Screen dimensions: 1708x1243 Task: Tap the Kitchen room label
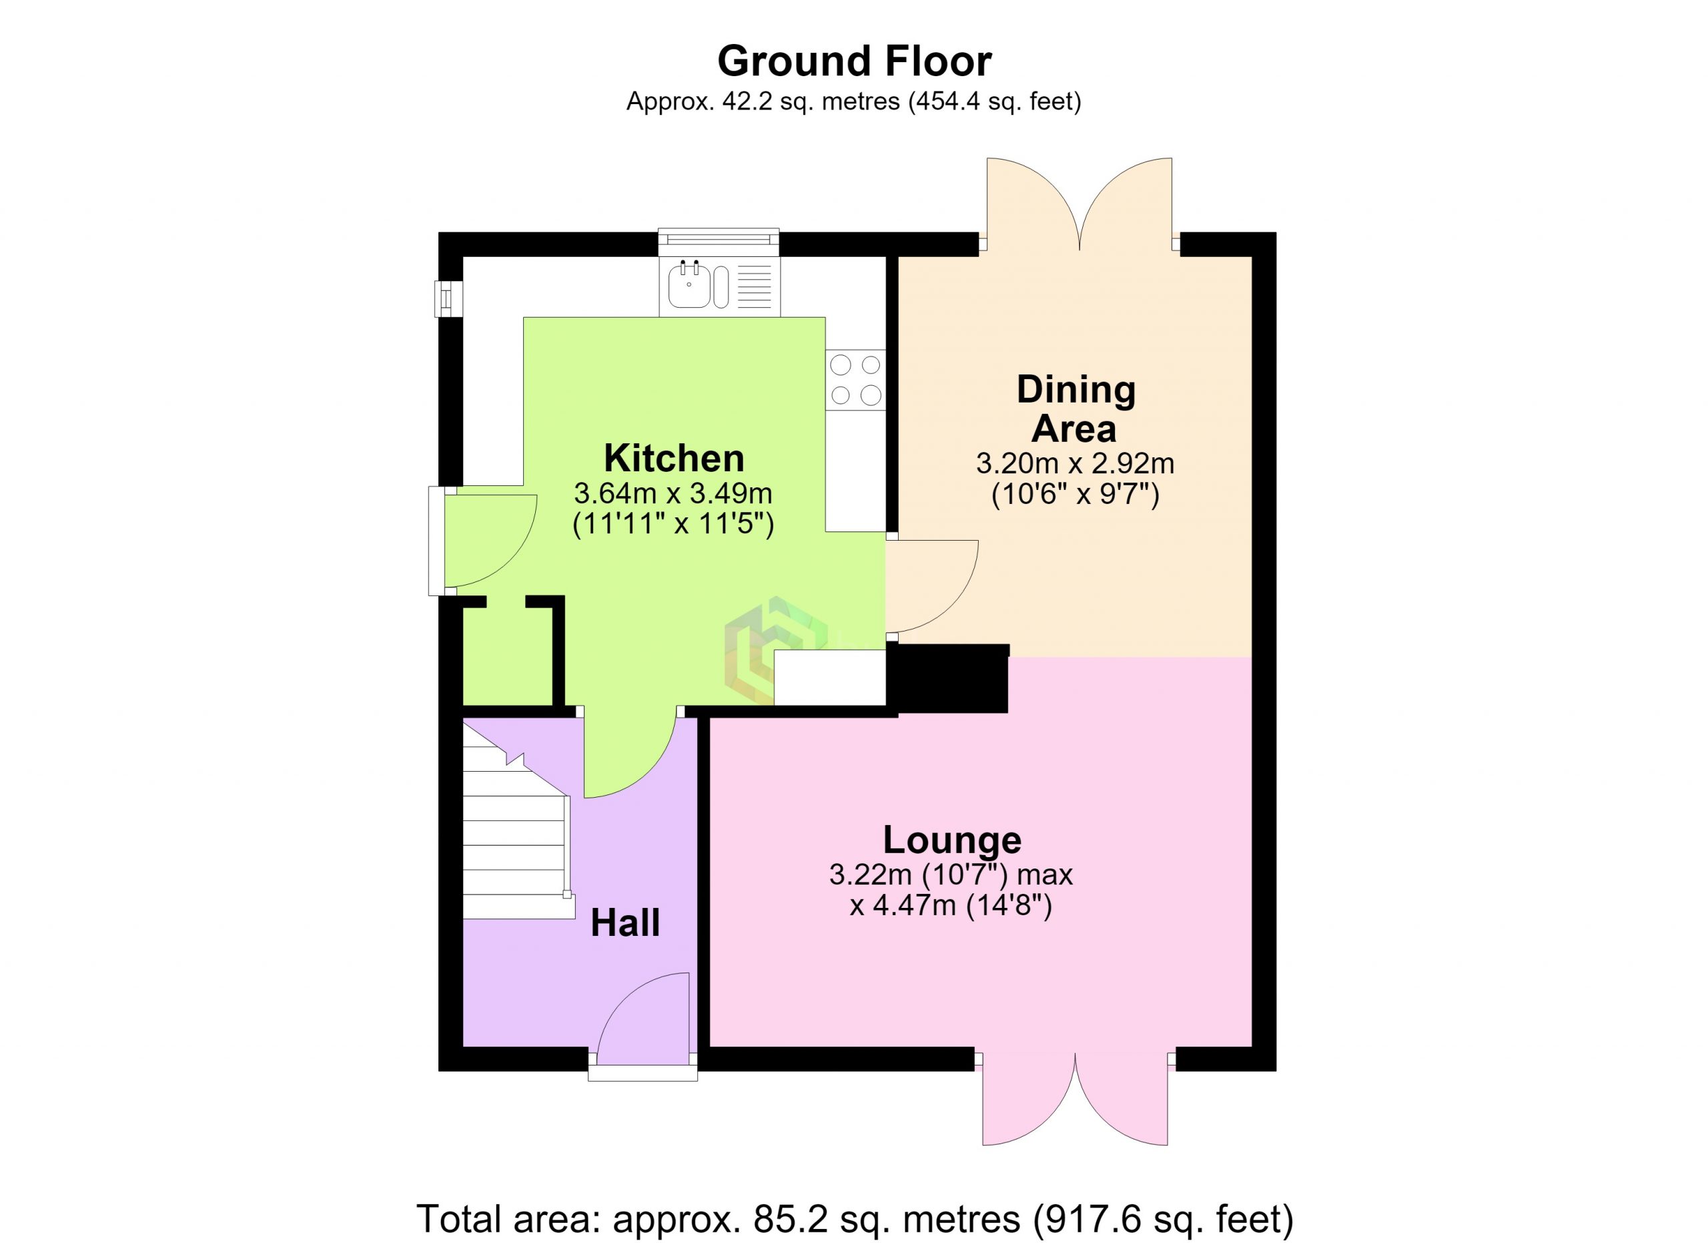click(674, 458)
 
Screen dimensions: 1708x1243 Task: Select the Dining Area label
click(1076, 409)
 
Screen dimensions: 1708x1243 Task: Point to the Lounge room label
click(952, 839)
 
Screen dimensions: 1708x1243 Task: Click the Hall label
click(625, 923)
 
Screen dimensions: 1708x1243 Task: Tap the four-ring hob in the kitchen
click(855, 381)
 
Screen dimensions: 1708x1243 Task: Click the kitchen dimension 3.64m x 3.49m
click(673, 494)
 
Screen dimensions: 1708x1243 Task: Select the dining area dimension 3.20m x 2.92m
click(1076, 463)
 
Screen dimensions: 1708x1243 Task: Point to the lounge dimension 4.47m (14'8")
click(950, 905)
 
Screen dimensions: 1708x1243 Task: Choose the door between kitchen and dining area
click(931, 586)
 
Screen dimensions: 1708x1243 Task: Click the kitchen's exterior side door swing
click(490, 540)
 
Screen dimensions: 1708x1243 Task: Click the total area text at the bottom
click(855, 1218)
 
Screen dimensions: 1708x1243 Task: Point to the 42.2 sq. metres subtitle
click(854, 101)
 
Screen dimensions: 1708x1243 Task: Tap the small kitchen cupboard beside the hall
click(508, 656)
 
